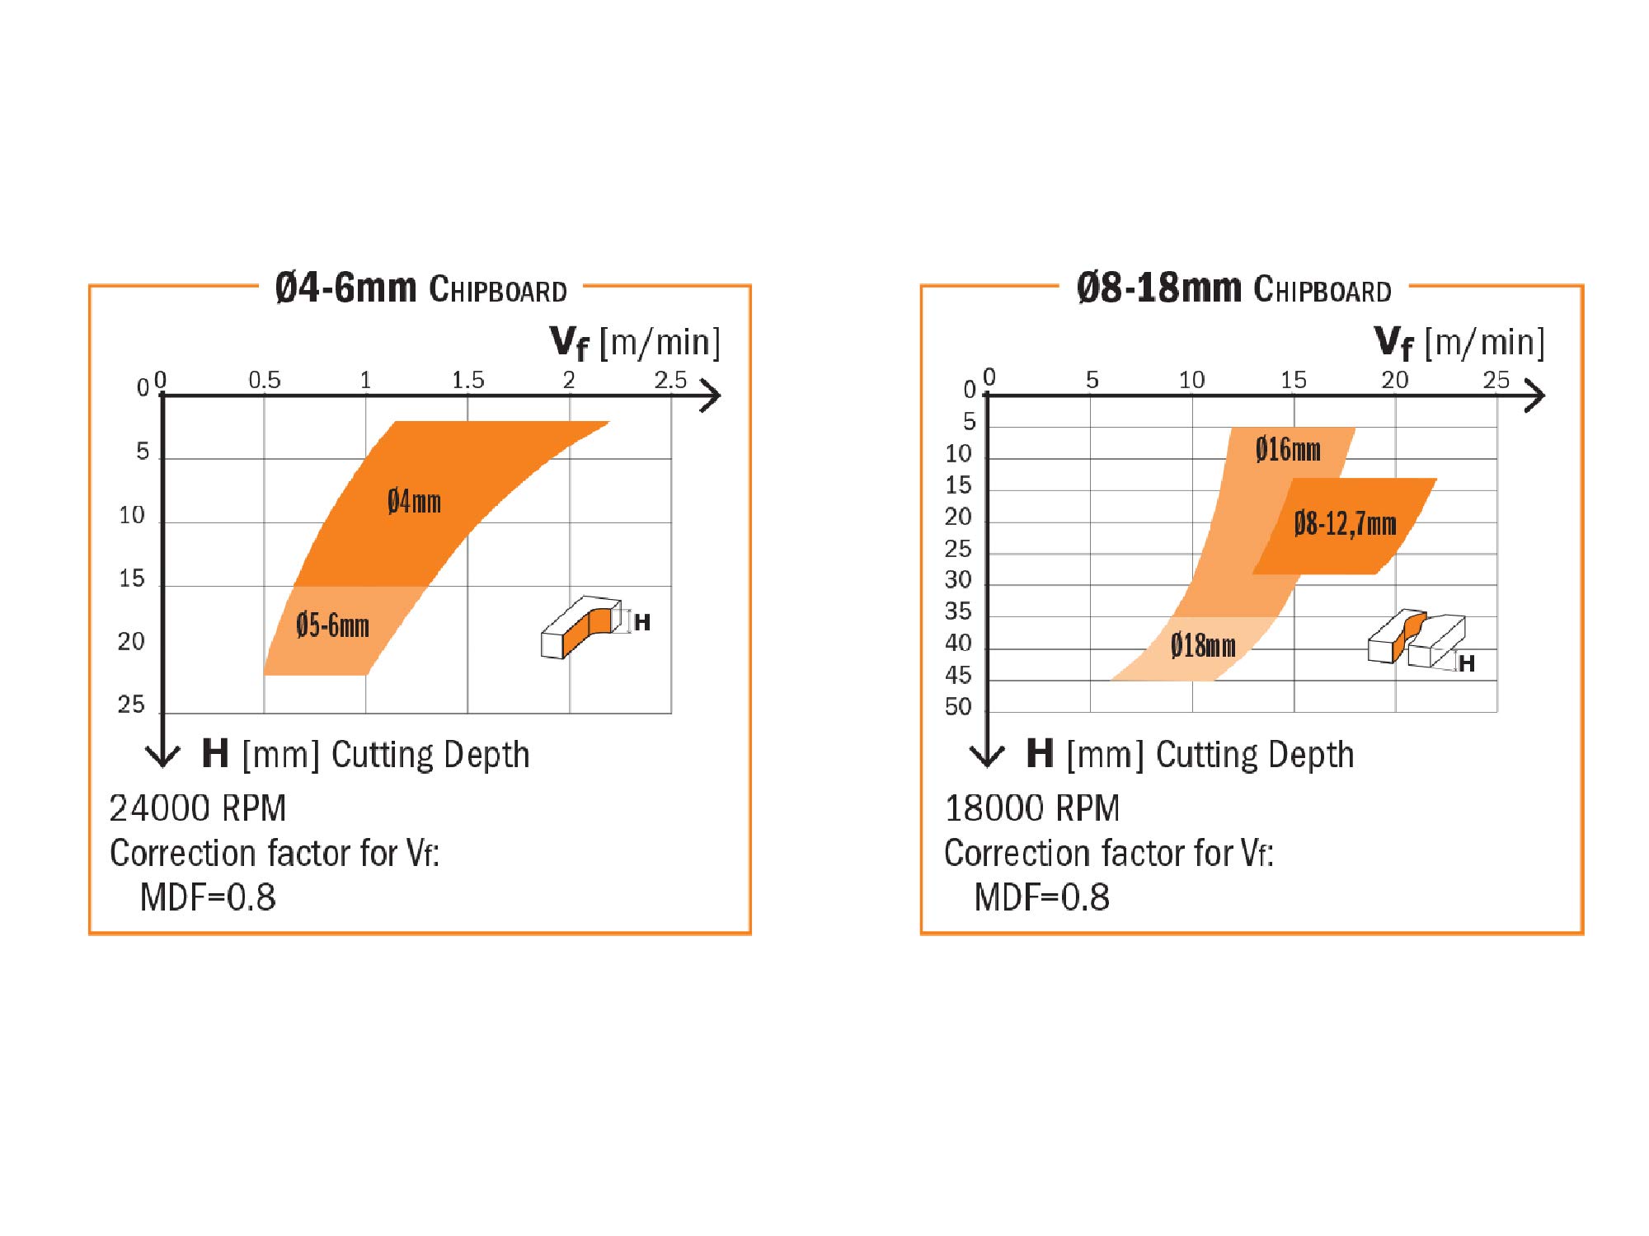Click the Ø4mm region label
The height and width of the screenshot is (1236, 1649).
pyautogui.click(x=414, y=502)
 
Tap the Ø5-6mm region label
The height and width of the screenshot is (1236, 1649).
pyautogui.click(x=332, y=625)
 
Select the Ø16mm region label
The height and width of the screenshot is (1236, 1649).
pyautogui.click(x=1288, y=450)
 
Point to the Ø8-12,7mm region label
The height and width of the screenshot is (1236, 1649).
pyautogui.click(x=1345, y=524)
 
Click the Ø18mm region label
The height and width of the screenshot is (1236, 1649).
pyautogui.click(x=1203, y=645)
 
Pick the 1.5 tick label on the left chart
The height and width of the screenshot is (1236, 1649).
pyautogui.click(x=467, y=380)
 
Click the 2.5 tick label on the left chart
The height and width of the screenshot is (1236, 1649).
pyautogui.click(x=670, y=380)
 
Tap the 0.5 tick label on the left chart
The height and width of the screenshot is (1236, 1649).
pyautogui.click(x=265, y=380)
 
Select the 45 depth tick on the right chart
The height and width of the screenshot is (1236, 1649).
pyautogui.click(x=958, y=675)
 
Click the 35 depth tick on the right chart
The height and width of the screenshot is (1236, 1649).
pyautogui.click(x=958, y=611)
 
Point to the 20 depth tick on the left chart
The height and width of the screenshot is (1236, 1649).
pyautogui.click(x=131, y=641)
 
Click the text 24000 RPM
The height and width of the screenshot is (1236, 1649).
pyautogui.click(x=198, y=808)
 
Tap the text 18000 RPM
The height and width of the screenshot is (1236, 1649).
pyautogui.click(x=1032, y=808)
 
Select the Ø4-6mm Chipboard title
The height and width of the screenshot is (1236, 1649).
pyautogui.click(x=420, y=289)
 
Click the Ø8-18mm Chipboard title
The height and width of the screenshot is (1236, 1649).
pyautogui.click(x=1233, y=289)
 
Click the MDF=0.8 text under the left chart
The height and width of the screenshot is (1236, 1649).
pyautogui.click(x=208, y=897)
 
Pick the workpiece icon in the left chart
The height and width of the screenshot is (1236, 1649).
pyautogui.click(x=582, y=626)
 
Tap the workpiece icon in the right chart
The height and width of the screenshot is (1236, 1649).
pyautogui.click(x=1416, y=639)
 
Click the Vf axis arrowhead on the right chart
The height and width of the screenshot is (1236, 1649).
pyautogui.click(x=1535, y=396)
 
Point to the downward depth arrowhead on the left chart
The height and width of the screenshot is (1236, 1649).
pyautogui.click(x=162, y=756)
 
